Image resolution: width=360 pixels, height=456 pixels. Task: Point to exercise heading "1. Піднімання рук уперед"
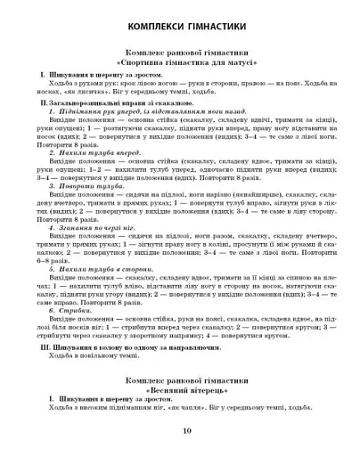pyautogui.click(x=89, y=116)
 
